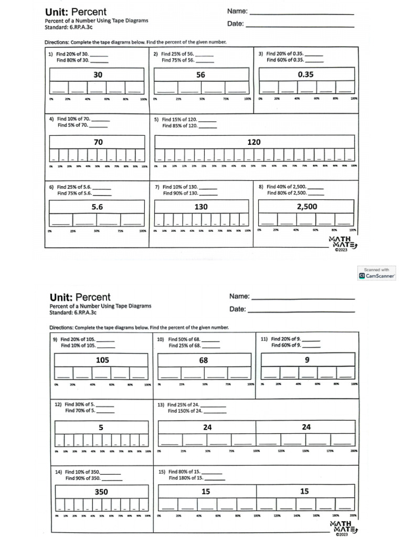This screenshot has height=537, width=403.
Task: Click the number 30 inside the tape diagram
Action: (98, 75)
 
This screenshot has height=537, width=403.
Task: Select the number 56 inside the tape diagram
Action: (200, 75)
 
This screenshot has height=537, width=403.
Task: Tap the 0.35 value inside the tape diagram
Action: (305, 74)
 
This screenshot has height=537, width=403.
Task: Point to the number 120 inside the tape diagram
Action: (254, 142)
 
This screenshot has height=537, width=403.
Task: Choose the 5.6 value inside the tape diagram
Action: (97, 207)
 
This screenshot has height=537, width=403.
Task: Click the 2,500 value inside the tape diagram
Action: (306, 207)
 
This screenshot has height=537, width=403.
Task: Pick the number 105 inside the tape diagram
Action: (102, 360)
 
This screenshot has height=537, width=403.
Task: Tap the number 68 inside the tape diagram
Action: (204, 360)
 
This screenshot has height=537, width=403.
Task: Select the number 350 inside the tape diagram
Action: (101, 492)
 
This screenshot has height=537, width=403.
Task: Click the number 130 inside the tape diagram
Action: (201, 207)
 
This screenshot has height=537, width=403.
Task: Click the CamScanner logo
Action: (362, 275)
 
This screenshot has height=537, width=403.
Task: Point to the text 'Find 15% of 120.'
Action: (179, 120)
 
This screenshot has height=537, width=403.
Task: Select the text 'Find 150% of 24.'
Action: (185, 411)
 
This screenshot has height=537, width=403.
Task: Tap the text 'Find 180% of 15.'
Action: (186, 478)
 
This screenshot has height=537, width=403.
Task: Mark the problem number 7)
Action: (157, 187)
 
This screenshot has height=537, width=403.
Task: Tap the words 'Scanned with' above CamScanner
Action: (376, 270)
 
